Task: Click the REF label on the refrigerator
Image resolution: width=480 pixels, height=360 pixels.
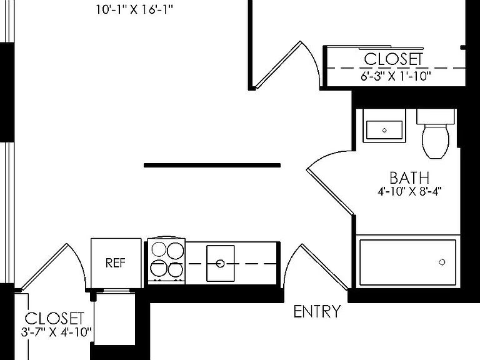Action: point(116,263)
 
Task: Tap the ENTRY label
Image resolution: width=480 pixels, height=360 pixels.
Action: point(317,312)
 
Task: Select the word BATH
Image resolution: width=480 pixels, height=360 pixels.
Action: point(409,178)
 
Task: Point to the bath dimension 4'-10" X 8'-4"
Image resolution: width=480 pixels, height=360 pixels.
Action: point(409,192)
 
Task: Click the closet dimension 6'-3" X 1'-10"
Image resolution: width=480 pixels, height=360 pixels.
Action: point(396,76)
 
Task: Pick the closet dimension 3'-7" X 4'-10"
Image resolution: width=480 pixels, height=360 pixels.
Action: point(56,332)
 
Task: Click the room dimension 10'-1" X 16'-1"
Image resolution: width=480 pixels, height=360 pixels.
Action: point(134,10)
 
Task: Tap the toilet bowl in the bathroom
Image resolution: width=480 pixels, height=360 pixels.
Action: point(436,141)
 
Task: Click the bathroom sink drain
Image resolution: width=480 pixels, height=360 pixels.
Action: point(384,130)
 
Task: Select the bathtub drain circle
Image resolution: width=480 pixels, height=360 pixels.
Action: point(442,262)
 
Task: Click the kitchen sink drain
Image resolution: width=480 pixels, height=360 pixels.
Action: point(220,263)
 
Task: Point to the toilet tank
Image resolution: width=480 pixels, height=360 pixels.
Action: point(435,117)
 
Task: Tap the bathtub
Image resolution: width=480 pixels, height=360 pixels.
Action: point(407,262)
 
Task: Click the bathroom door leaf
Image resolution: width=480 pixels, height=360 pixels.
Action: point(331,191)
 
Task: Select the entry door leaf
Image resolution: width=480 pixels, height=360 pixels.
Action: point(325,267)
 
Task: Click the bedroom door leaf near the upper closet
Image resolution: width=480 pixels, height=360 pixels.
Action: point(278,65)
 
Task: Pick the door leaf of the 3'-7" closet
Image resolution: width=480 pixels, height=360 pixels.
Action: point(44,267)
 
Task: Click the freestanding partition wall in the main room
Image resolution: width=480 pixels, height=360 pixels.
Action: point(212,165)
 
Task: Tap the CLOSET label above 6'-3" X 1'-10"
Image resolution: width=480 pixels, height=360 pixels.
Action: point(393,59)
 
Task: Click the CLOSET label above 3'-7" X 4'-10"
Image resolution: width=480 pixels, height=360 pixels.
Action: point(54,319)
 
